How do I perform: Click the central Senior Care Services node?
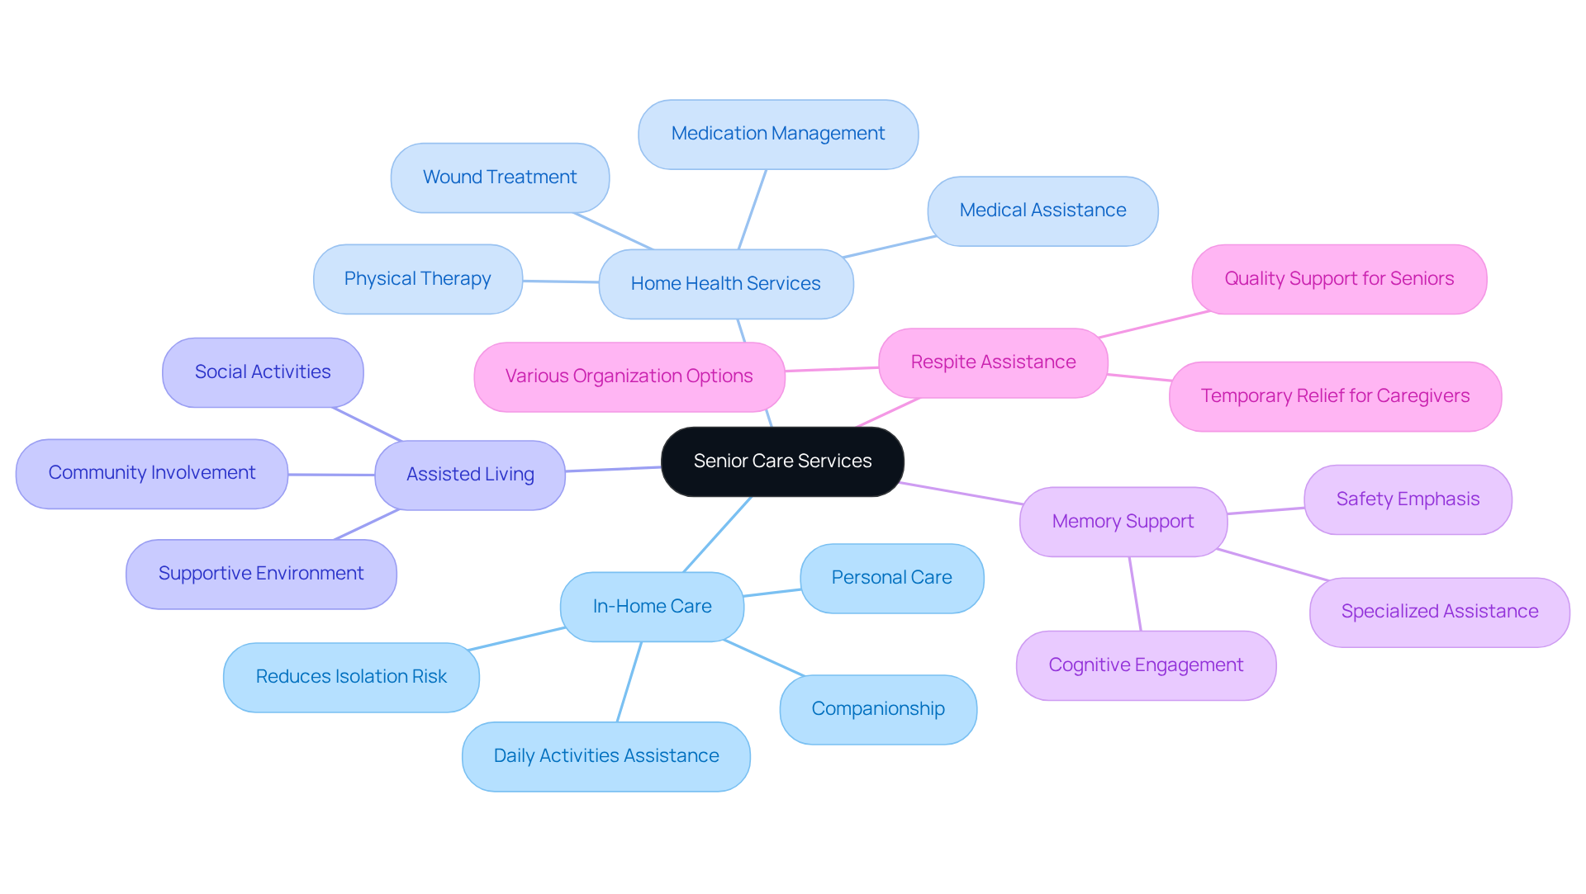[782, 461]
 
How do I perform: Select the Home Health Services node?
[725, 284]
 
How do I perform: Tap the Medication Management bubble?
[777, 134]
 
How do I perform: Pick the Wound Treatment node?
[500, 177]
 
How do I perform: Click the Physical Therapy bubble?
[417, 279]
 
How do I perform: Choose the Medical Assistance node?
[1042, 210]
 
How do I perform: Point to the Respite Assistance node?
[993, 362]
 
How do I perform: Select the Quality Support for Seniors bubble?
[1339, 279]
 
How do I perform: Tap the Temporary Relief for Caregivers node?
[1335, 396]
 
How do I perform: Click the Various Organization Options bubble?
[629, 376]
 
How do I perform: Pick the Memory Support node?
[1123, 522]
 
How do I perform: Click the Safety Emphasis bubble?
[1408, 499]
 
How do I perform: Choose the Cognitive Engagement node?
[1146, 665]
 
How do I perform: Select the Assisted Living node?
[470, 475]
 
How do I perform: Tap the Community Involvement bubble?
[152, 473]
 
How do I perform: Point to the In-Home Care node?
[652, 607]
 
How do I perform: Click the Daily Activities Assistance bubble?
[606, 756]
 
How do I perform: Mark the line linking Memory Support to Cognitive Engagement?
[1135, 594]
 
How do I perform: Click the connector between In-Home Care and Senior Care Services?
[718, 534]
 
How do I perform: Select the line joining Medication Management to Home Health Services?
[753, 210]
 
